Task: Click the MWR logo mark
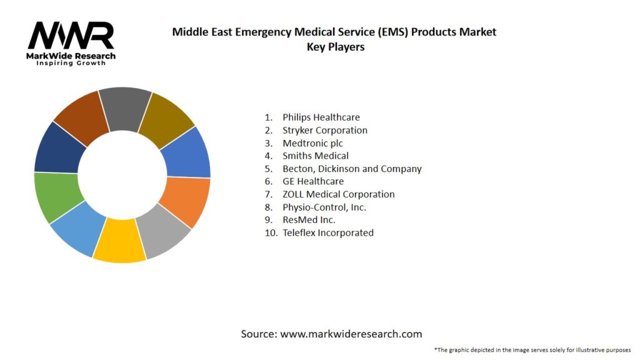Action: (x=71, y=36)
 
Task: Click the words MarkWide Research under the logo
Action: (x=71, y=56)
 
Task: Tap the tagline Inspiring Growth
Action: (x=71, y=63)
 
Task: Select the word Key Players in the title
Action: (x=335, y=46)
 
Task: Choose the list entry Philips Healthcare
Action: (x=321, y=117)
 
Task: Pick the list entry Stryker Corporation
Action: (x=324, y=130)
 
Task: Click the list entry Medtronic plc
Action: (x=312, y=143)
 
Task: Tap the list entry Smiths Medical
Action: (x=315, y=156)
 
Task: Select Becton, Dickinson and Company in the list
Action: (x=352, y=169)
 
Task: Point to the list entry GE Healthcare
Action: (x=312, y=181)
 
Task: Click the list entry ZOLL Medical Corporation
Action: (x=338, y=194)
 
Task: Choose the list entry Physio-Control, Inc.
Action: (x=324, y=207)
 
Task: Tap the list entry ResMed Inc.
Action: (x=309, y=220)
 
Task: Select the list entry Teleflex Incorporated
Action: (x=327, y=232)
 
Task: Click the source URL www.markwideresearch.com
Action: (x=351, y=334)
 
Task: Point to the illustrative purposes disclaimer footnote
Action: (x=532, y=349)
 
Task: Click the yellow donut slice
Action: (x=119, y=240)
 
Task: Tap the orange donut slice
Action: (x=185, y=201)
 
